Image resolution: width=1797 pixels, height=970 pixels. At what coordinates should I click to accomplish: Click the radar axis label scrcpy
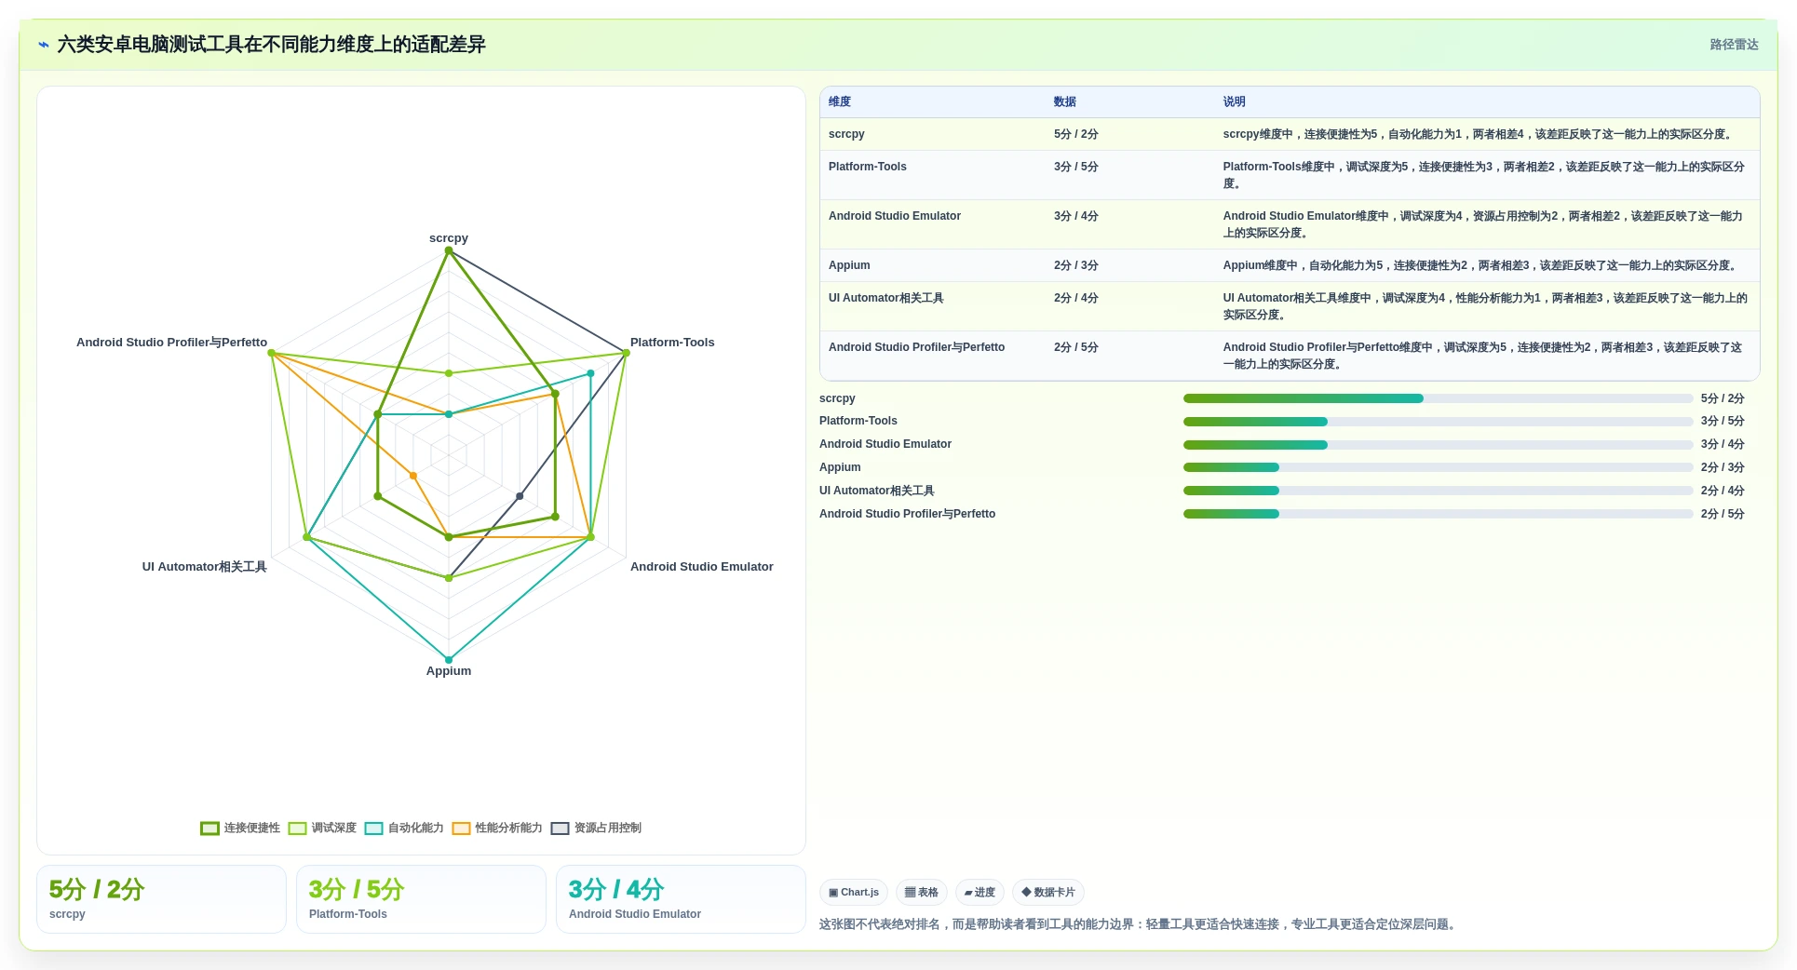click(x=449, y=238)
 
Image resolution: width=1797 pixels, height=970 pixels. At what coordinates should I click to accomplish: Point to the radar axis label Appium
click(x=449, y=671)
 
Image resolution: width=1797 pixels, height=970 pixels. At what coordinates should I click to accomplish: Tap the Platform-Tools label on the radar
click(x=672, y=343)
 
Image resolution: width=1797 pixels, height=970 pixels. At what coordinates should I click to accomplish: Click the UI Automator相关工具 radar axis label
click(x=204, y=567)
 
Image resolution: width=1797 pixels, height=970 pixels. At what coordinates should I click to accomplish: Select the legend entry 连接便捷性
click(x=240, y=828)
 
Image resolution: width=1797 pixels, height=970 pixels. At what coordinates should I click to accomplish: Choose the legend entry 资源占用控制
click(x=596, y=828)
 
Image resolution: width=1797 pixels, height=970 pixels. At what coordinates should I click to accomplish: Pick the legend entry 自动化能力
click(x=404, y=828)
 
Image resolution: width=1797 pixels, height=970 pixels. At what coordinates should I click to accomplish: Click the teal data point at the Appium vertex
click(x=449, y=660)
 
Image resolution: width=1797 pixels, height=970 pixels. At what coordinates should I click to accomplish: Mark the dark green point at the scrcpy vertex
click(x=449, y=251)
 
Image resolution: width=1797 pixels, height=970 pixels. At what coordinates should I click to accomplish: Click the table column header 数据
click(x=1065, y=102)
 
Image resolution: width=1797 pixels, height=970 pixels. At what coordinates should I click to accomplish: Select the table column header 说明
click(x=1235, y=102)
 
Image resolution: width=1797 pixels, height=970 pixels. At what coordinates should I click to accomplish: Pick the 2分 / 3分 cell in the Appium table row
click(x=1076, y=265)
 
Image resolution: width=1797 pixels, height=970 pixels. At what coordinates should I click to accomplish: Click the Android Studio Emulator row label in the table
click(x=895, y=216)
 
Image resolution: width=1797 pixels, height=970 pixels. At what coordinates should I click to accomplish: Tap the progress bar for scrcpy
click(x=1438, y=398)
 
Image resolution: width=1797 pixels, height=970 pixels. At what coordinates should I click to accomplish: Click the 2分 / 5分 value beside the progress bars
click(x=1723, y=514)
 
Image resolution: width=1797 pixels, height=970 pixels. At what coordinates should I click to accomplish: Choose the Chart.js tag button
click(x=854, y=892)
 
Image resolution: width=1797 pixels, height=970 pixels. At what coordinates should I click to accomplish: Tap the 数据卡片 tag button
click(x=1048, y=892)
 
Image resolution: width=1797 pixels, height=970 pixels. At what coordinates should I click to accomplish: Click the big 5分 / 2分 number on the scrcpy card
click(x=97, y=890)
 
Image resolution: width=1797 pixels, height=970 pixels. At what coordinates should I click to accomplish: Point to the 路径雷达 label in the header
click(x=1734, y=45)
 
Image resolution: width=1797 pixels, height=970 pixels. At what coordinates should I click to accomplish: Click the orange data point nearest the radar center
click(x=413, y=476)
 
